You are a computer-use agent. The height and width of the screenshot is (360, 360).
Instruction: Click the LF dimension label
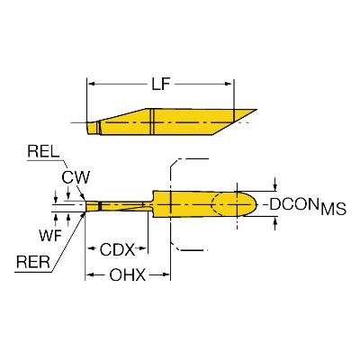click(x=161, y=85)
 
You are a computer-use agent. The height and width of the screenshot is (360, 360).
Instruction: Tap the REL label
click(x=43, y=152)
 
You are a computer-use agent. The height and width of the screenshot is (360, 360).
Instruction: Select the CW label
click(x=76, y=177)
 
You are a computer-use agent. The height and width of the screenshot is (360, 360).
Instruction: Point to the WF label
click(x=50, y=235)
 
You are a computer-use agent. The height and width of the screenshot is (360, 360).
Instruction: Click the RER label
click(x=33, y=262)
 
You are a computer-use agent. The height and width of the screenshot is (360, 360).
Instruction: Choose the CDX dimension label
click(x=118, y=249)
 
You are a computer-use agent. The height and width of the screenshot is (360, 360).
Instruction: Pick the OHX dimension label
click(x=128, y=274)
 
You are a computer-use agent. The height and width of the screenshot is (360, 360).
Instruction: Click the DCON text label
click(x=293, y=204)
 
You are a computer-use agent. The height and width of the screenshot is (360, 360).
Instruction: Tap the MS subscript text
click(x=333, y=209)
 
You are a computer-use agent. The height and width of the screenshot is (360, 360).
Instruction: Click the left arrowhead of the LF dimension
click(x=91, y=85)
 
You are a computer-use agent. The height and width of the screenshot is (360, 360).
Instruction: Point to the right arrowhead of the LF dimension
click(x=229, y=85)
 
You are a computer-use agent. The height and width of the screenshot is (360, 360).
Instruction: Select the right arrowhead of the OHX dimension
click(x=166, y=274)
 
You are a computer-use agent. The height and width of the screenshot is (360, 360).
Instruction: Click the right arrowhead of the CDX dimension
click(x=143, y=249)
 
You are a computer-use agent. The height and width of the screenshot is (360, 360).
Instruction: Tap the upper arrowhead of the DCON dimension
click(x=275, y=186)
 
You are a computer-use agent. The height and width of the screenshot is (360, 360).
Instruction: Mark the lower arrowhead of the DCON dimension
click(x=275, y=221)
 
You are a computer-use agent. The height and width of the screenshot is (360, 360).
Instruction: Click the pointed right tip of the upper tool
click(x=256, y=110)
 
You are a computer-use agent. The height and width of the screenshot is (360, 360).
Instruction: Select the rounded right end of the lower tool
click(x=255, y=204)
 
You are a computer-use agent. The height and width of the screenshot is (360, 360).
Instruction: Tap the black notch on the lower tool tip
click(x=100, y=206)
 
